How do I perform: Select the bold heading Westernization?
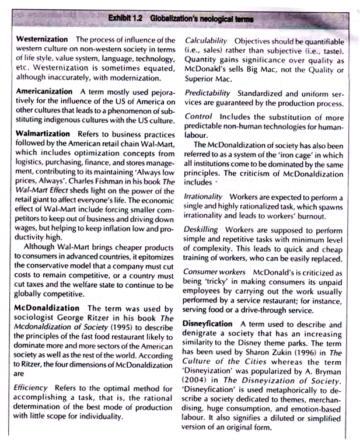click(43, 40)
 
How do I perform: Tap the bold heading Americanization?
click(44, 92)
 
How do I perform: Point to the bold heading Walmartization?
click(43, 134)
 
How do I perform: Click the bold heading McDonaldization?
click(46, 308)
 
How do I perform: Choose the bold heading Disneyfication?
click(211, 324)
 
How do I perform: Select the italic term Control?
click(198, 117)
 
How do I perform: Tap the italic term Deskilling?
click(202, 229)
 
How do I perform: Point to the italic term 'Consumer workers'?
click(216, 272)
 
